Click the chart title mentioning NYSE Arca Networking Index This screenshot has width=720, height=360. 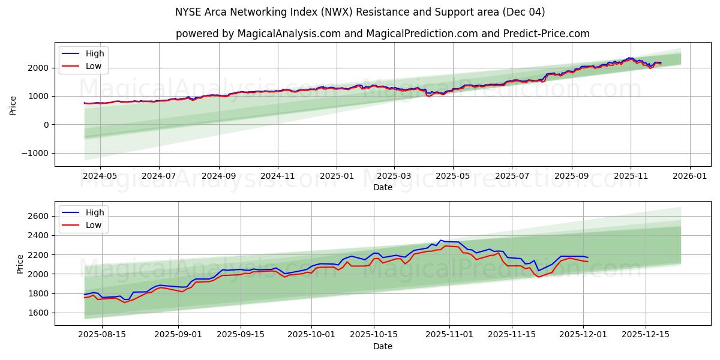[x=360, y=12]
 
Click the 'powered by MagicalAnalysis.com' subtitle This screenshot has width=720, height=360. [x=383, y=34]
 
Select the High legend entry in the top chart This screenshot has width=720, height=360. [x=94, y=53]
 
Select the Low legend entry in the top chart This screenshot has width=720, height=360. [x=94, y=66]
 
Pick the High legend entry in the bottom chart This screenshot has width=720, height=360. [x=94, y=212]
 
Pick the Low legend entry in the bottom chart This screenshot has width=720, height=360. [x=94, y=225]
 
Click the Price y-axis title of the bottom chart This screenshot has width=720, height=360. [x=20, y=263]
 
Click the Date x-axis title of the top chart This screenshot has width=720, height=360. [x=383, y=187]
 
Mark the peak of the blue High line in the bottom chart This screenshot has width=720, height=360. [x=440, y=240]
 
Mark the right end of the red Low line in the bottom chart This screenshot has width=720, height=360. [x=588, y=262]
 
